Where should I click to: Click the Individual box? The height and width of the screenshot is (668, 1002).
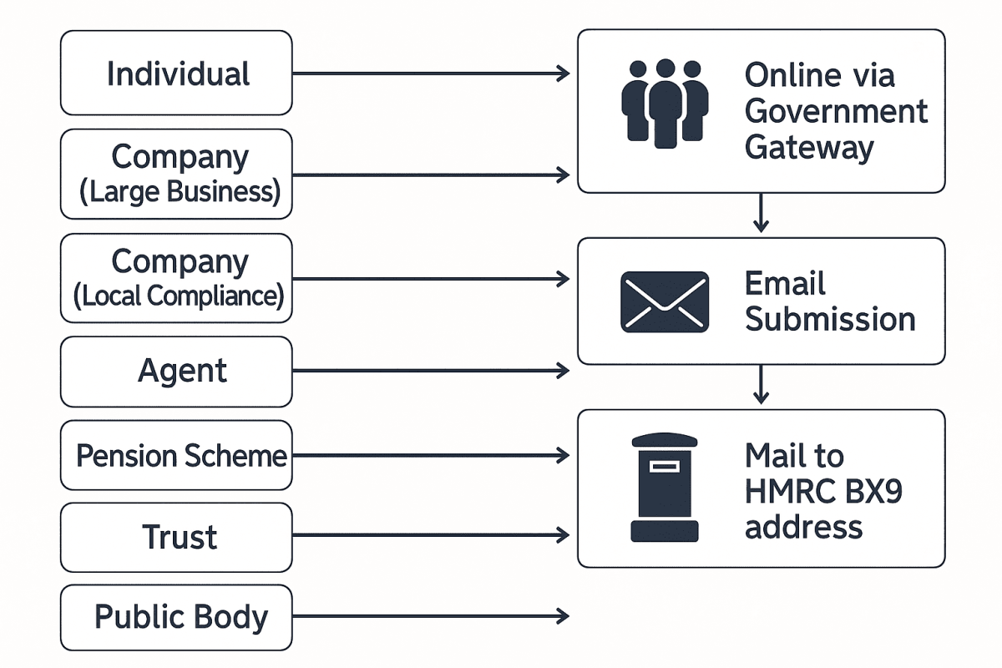pos(176,73)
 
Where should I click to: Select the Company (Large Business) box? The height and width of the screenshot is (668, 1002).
pos(176,174)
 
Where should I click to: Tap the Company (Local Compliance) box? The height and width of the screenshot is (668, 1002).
pos(176,278)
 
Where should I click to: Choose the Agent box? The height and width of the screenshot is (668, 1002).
pos(176,371)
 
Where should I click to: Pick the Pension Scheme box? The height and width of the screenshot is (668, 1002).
pos(176,456)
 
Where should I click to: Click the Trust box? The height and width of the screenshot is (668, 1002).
pos(176,537)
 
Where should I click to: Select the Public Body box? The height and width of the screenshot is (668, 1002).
pos(176,618)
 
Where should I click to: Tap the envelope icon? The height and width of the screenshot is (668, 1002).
pos(665,301)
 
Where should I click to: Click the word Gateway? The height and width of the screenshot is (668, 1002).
pos(808,148)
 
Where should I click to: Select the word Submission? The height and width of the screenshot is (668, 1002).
pos(830,319)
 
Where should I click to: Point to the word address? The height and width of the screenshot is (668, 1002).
pos(803,527)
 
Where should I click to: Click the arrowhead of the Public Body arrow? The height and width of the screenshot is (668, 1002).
pos(564,617)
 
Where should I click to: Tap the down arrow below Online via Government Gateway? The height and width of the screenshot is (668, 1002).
pos(760,214)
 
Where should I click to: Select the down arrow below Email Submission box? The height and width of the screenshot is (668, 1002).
pos(760,385)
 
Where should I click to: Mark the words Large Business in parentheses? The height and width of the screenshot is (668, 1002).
pos(180,192)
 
